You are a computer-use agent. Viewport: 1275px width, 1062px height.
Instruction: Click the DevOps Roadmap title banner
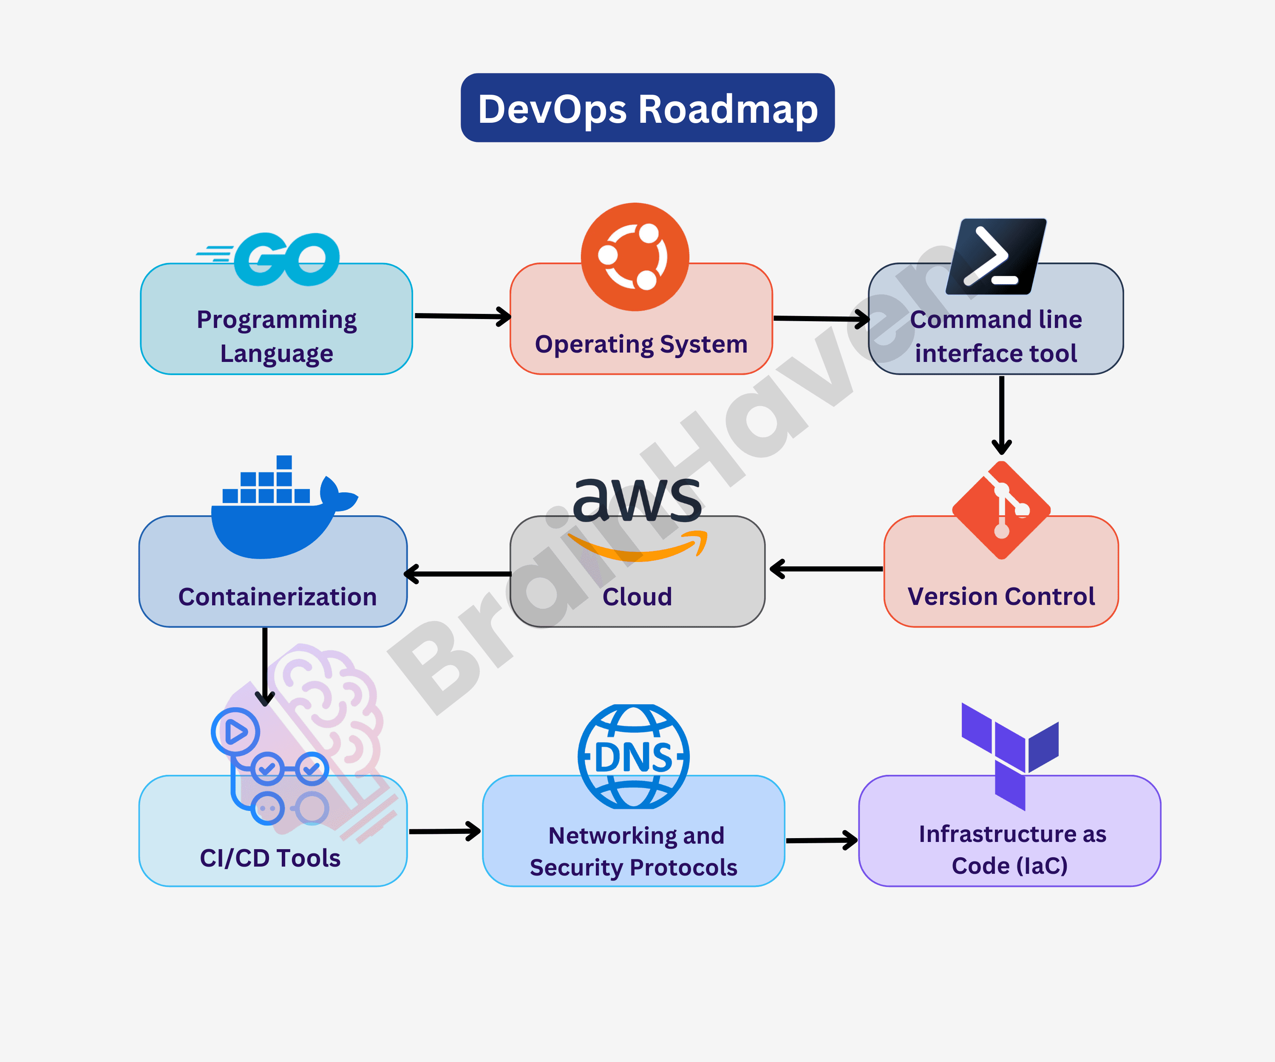point(647,108)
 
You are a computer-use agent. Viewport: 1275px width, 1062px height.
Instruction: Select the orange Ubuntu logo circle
point(635,257)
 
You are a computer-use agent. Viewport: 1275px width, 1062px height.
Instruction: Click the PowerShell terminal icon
point(996,257)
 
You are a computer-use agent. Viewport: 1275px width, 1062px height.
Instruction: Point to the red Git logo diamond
point(1001,510)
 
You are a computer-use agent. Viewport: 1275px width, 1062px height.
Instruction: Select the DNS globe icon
point(633,756)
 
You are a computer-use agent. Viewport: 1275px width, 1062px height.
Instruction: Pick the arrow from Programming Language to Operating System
point(462,316)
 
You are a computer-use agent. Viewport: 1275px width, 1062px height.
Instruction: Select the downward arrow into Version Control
point(1001,416)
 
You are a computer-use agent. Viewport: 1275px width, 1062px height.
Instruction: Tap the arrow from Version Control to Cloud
point(826,569)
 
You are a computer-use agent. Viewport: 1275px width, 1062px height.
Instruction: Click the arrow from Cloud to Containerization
point(459,573)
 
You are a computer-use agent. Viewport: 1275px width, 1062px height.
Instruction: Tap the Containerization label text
point(278,596)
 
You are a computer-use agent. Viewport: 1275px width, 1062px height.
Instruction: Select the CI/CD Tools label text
point(270,858)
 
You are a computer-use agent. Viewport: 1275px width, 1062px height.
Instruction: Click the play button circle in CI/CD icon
point(235,731)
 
